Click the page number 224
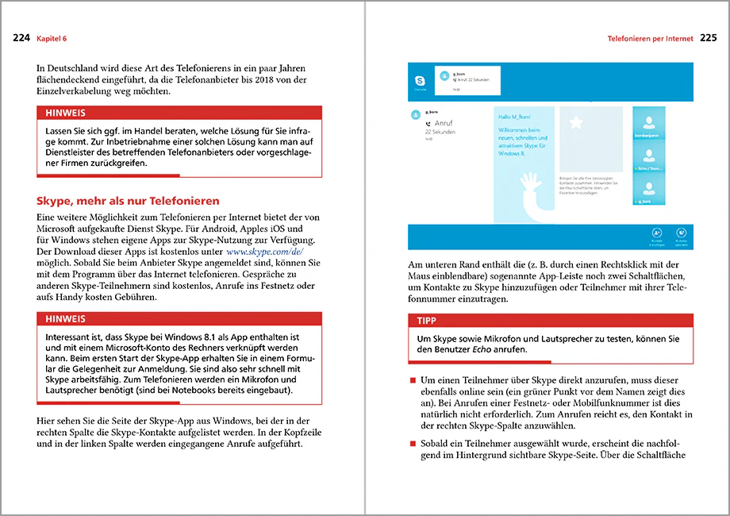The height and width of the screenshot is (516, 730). point(21,37)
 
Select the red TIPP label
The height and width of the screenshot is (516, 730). point(431,321)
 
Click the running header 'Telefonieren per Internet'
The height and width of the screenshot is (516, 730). point(650,38)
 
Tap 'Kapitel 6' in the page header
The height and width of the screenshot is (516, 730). point(55,38)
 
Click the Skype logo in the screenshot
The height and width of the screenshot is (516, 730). point(421,81)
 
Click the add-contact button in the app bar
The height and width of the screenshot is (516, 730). point(658,233)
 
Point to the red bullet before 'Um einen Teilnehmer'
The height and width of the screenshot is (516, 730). point(413,382)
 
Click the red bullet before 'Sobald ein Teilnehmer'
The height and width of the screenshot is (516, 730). point(413,442)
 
